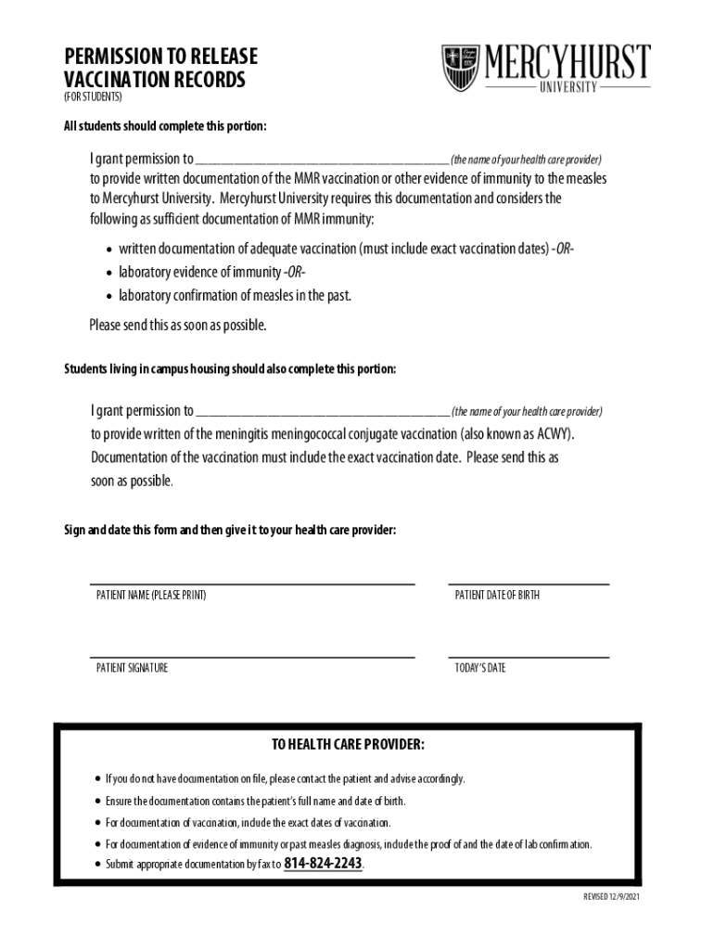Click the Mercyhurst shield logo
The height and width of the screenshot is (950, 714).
point(461,68)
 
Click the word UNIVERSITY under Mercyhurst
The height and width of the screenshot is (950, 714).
point(568,87)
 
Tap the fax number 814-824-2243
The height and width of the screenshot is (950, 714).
point(323,864)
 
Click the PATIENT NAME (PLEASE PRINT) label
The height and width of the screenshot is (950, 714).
point(151,596)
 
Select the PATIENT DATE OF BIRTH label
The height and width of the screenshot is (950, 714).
point(497,596)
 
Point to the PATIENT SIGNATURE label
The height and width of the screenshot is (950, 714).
point(133,668)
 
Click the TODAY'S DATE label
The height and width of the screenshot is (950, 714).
point(480,668)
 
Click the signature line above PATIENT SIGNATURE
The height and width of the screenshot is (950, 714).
point(251,657)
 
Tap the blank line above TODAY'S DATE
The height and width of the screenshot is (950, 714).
point(529,657)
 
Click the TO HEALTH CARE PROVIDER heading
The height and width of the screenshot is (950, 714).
point(348,745)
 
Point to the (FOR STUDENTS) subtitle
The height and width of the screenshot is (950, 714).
point(93,97)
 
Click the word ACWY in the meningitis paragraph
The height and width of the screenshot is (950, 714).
point(556,434)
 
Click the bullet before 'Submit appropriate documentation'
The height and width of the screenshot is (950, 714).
point(97,865)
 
